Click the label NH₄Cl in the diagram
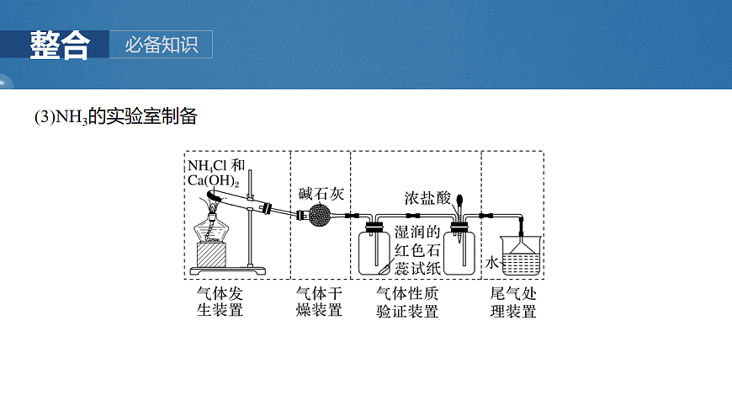pos(207,164)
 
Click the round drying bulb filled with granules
pos(321,216)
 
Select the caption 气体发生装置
pos(220,301)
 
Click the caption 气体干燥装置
pos(320,301)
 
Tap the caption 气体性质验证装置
pos(407,302)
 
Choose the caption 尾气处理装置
pos(513,302)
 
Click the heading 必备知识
pos(162,45)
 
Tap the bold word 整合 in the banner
pos(59,45)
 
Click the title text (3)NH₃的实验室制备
pos(115,117)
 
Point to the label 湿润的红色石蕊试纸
pos(417,250)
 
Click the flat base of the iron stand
pos(229,270)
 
